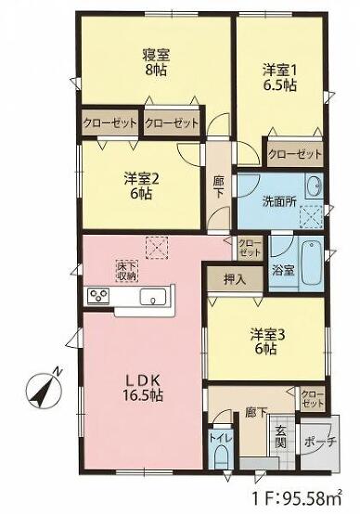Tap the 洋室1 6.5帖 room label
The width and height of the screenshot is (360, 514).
279,78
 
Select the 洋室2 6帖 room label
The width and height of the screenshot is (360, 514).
141,186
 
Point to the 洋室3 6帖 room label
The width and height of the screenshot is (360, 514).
267,342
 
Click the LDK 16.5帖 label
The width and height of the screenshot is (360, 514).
143,389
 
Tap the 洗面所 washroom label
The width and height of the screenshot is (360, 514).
279,202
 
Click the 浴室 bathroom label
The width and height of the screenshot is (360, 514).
283,271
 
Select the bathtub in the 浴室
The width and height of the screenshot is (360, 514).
312,263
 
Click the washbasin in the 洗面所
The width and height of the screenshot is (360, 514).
314,186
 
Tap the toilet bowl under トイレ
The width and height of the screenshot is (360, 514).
221,458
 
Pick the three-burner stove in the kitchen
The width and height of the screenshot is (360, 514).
98,296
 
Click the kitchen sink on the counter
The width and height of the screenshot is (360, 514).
153,297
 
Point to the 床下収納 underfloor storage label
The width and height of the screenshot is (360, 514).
127,271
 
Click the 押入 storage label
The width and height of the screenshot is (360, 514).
235,279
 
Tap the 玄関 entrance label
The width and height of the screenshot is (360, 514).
281,437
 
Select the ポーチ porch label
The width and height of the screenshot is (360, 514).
321,443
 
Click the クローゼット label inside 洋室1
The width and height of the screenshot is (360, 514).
295,154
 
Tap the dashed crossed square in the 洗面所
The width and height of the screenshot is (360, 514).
312,217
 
